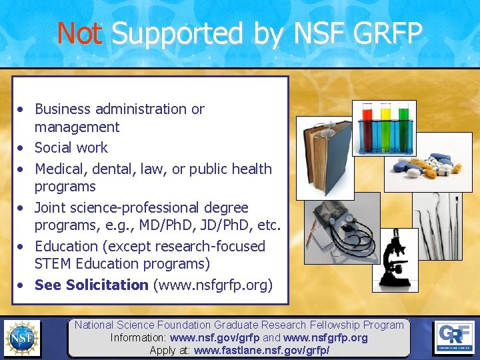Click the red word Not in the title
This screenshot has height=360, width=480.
[79, 33]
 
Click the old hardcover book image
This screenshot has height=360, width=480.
[325, 157]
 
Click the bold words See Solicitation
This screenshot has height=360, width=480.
[91, 285]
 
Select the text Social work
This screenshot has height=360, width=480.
[71, 147]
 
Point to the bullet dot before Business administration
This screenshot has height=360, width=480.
[23, 109]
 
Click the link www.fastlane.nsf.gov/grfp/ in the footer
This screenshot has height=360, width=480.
[261, 350]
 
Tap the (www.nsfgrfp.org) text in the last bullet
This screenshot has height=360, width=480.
[213, 285]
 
